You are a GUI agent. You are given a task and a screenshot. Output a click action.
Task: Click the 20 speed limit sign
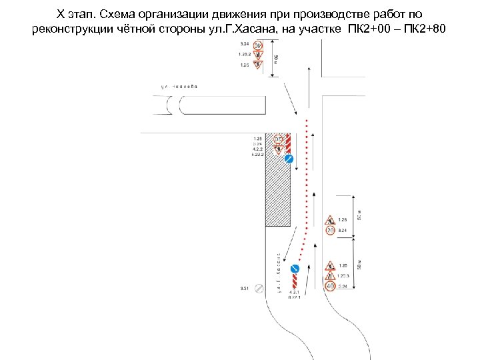pos(330,231)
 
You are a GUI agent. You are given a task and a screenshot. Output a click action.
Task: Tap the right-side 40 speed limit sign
pos(330,287)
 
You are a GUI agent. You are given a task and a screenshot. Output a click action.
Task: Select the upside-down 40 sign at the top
pos(257,45)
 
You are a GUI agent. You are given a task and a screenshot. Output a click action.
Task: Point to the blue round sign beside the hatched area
pos(289,159)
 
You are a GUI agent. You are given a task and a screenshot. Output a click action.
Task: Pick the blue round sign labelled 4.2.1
pos(295,269)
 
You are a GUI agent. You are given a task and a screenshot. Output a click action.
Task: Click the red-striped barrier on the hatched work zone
pos(289,142)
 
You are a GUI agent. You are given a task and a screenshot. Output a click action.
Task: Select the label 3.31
pos(244,289)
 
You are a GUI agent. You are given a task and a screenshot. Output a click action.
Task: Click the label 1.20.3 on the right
pos(343,276)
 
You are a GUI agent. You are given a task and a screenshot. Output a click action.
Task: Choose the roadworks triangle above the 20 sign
pos(330,219)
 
